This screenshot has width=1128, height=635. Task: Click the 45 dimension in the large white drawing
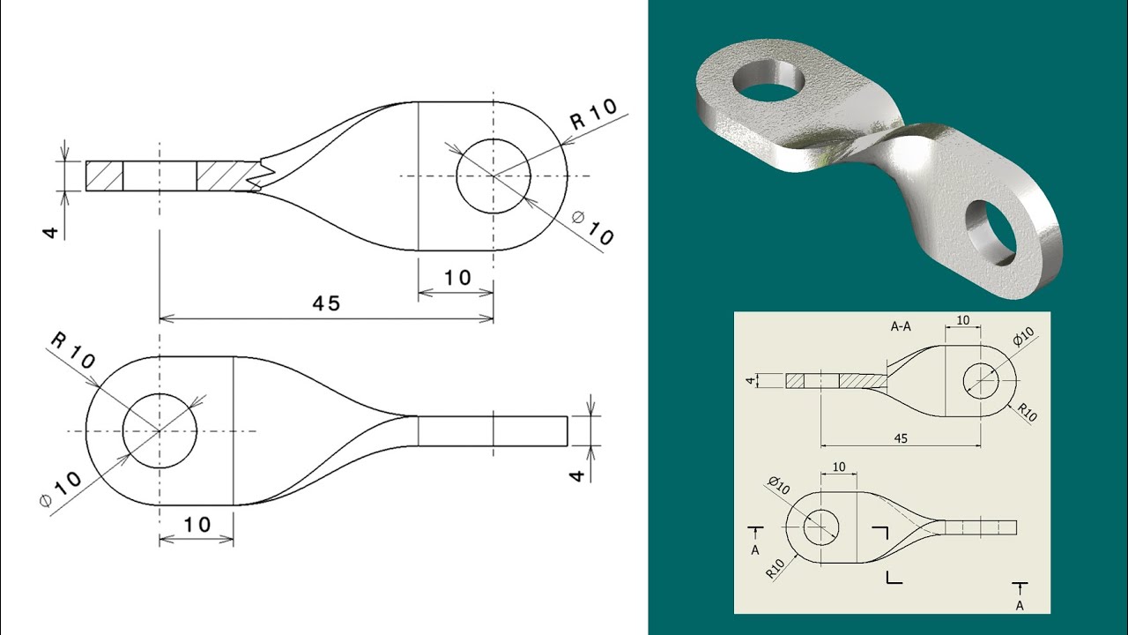(326, 303)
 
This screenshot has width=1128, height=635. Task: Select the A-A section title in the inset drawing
(900, 325)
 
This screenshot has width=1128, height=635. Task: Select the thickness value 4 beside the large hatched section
(51, 232)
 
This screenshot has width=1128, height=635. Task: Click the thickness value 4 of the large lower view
(577, 474)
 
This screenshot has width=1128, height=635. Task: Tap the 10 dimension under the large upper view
(456, 278)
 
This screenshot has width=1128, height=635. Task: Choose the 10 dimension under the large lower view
(197, 525)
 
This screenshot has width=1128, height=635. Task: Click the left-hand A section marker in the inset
(755, 539)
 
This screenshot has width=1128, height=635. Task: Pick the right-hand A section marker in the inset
(1020, 595)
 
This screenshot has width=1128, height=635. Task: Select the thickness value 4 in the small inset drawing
(750, 381)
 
